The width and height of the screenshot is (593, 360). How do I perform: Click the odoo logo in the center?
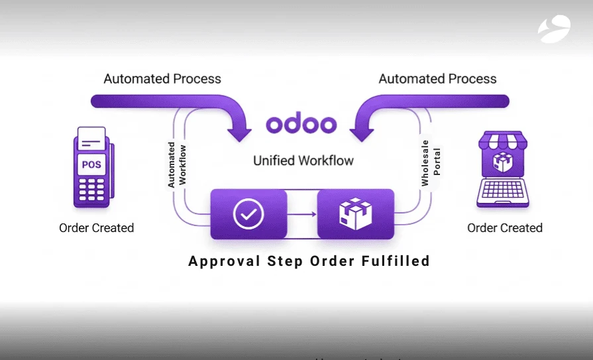pos(301,124)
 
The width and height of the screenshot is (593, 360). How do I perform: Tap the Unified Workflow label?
pos(303,160)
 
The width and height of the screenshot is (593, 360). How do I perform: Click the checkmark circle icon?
pos(248,213)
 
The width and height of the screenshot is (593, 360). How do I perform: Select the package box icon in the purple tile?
pos(355,213)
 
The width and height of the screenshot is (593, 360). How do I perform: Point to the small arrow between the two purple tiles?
pos(301,214)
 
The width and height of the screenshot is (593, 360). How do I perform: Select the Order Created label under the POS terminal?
pos(97,228)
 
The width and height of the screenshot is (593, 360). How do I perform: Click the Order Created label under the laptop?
pos(505,228)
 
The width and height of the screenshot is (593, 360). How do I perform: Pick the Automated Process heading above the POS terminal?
pos(162,79)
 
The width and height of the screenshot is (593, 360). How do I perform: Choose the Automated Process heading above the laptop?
pos(437,79)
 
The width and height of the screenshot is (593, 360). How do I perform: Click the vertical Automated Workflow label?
pos(177,164)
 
